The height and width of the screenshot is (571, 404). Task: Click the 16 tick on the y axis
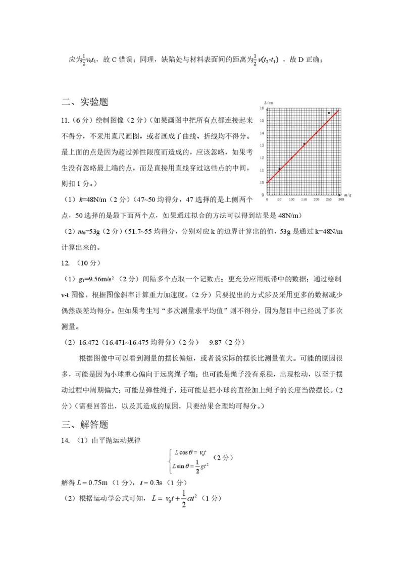tap(262, 109)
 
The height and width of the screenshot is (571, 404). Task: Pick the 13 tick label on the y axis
tap(262, 145)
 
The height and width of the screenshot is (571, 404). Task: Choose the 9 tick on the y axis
tap(263, 195)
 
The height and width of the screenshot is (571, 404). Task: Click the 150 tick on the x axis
tap(304, 200)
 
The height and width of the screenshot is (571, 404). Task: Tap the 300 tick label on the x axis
tap(341, 200)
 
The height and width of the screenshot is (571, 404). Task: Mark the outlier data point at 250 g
tap(329, 113)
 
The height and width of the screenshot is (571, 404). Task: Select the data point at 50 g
tap(279, 169)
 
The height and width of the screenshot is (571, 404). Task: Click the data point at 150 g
tap(304, 144)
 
